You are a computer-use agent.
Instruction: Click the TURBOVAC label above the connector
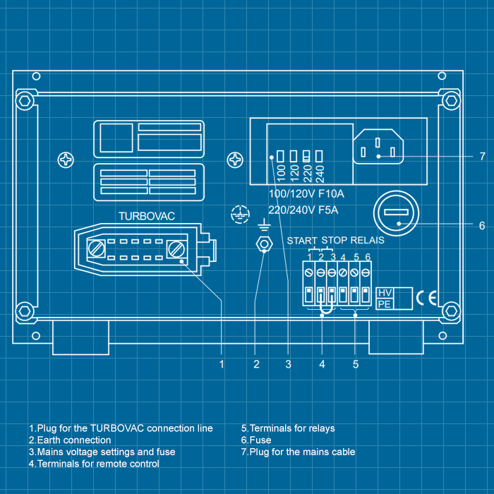146,216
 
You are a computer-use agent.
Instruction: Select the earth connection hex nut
264,244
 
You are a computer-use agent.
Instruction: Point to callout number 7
482,156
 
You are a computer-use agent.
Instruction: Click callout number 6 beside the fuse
482,226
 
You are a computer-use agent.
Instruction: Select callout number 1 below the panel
222,364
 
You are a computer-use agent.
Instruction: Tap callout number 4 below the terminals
322,364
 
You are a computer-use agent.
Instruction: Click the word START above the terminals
302,241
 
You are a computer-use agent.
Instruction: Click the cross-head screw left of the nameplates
66,160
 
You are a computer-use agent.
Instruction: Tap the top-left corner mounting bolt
25,100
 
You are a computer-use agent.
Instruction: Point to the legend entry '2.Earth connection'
70,440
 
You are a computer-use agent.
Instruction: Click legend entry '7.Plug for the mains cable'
298,452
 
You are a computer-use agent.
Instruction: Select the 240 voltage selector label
319,171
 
